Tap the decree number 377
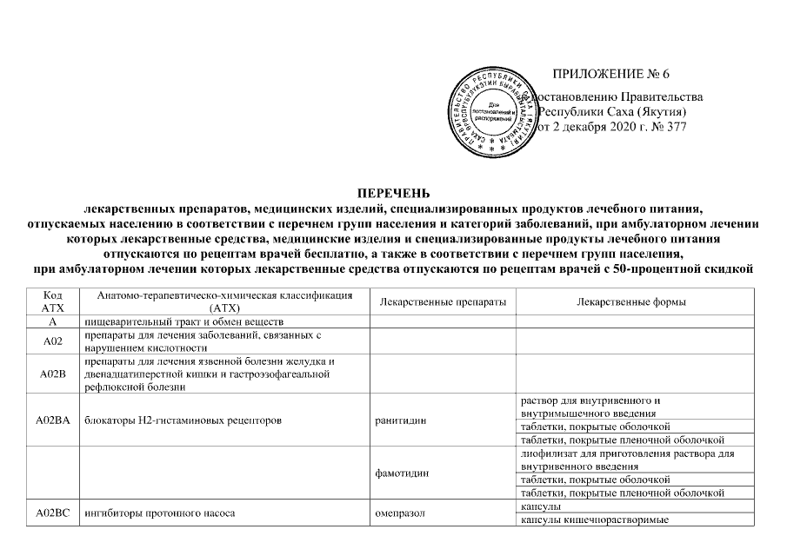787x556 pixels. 674,129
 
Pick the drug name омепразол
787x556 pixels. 399,513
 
